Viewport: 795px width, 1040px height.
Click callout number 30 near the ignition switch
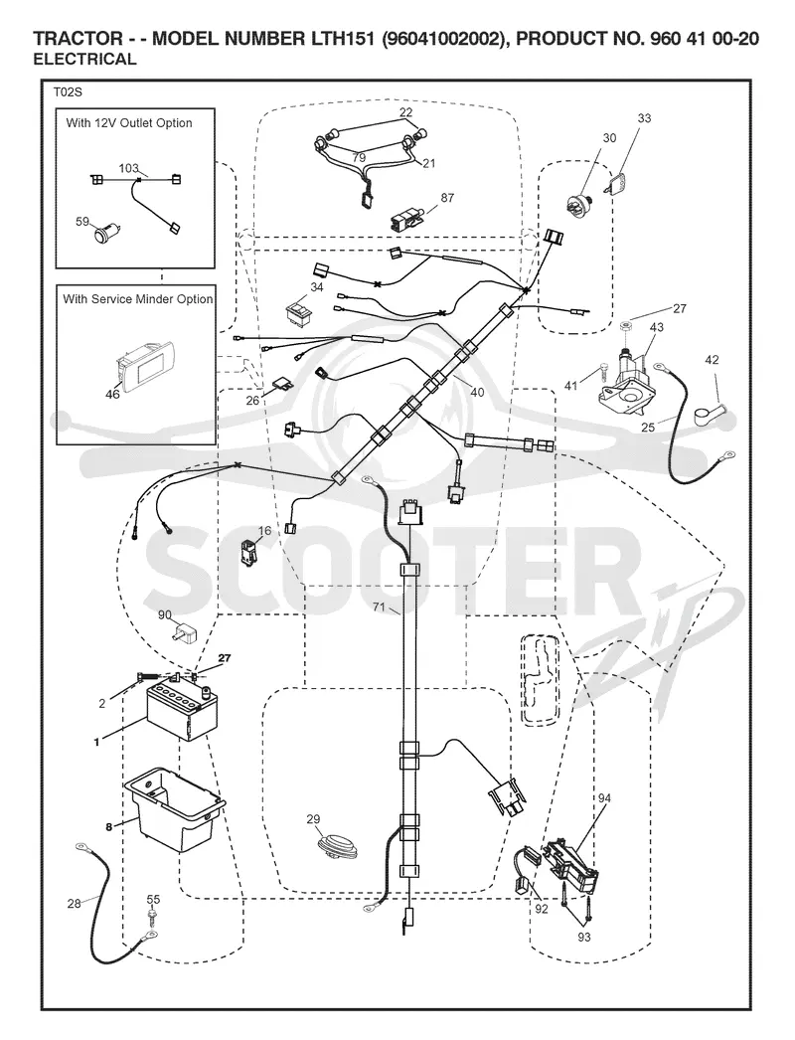[609, 138]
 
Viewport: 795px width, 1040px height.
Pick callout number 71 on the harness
[379, 607]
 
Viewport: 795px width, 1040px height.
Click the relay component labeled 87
[406, 218]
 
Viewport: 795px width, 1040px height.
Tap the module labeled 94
[570, 863]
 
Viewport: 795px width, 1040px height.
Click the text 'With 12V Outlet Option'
[129, 122]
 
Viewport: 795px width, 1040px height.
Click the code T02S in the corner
[68, 92]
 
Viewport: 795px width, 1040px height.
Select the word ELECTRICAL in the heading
[84, 59]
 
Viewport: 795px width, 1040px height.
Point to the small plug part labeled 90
[182, 632]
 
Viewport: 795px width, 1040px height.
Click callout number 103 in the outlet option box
[128, 168]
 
